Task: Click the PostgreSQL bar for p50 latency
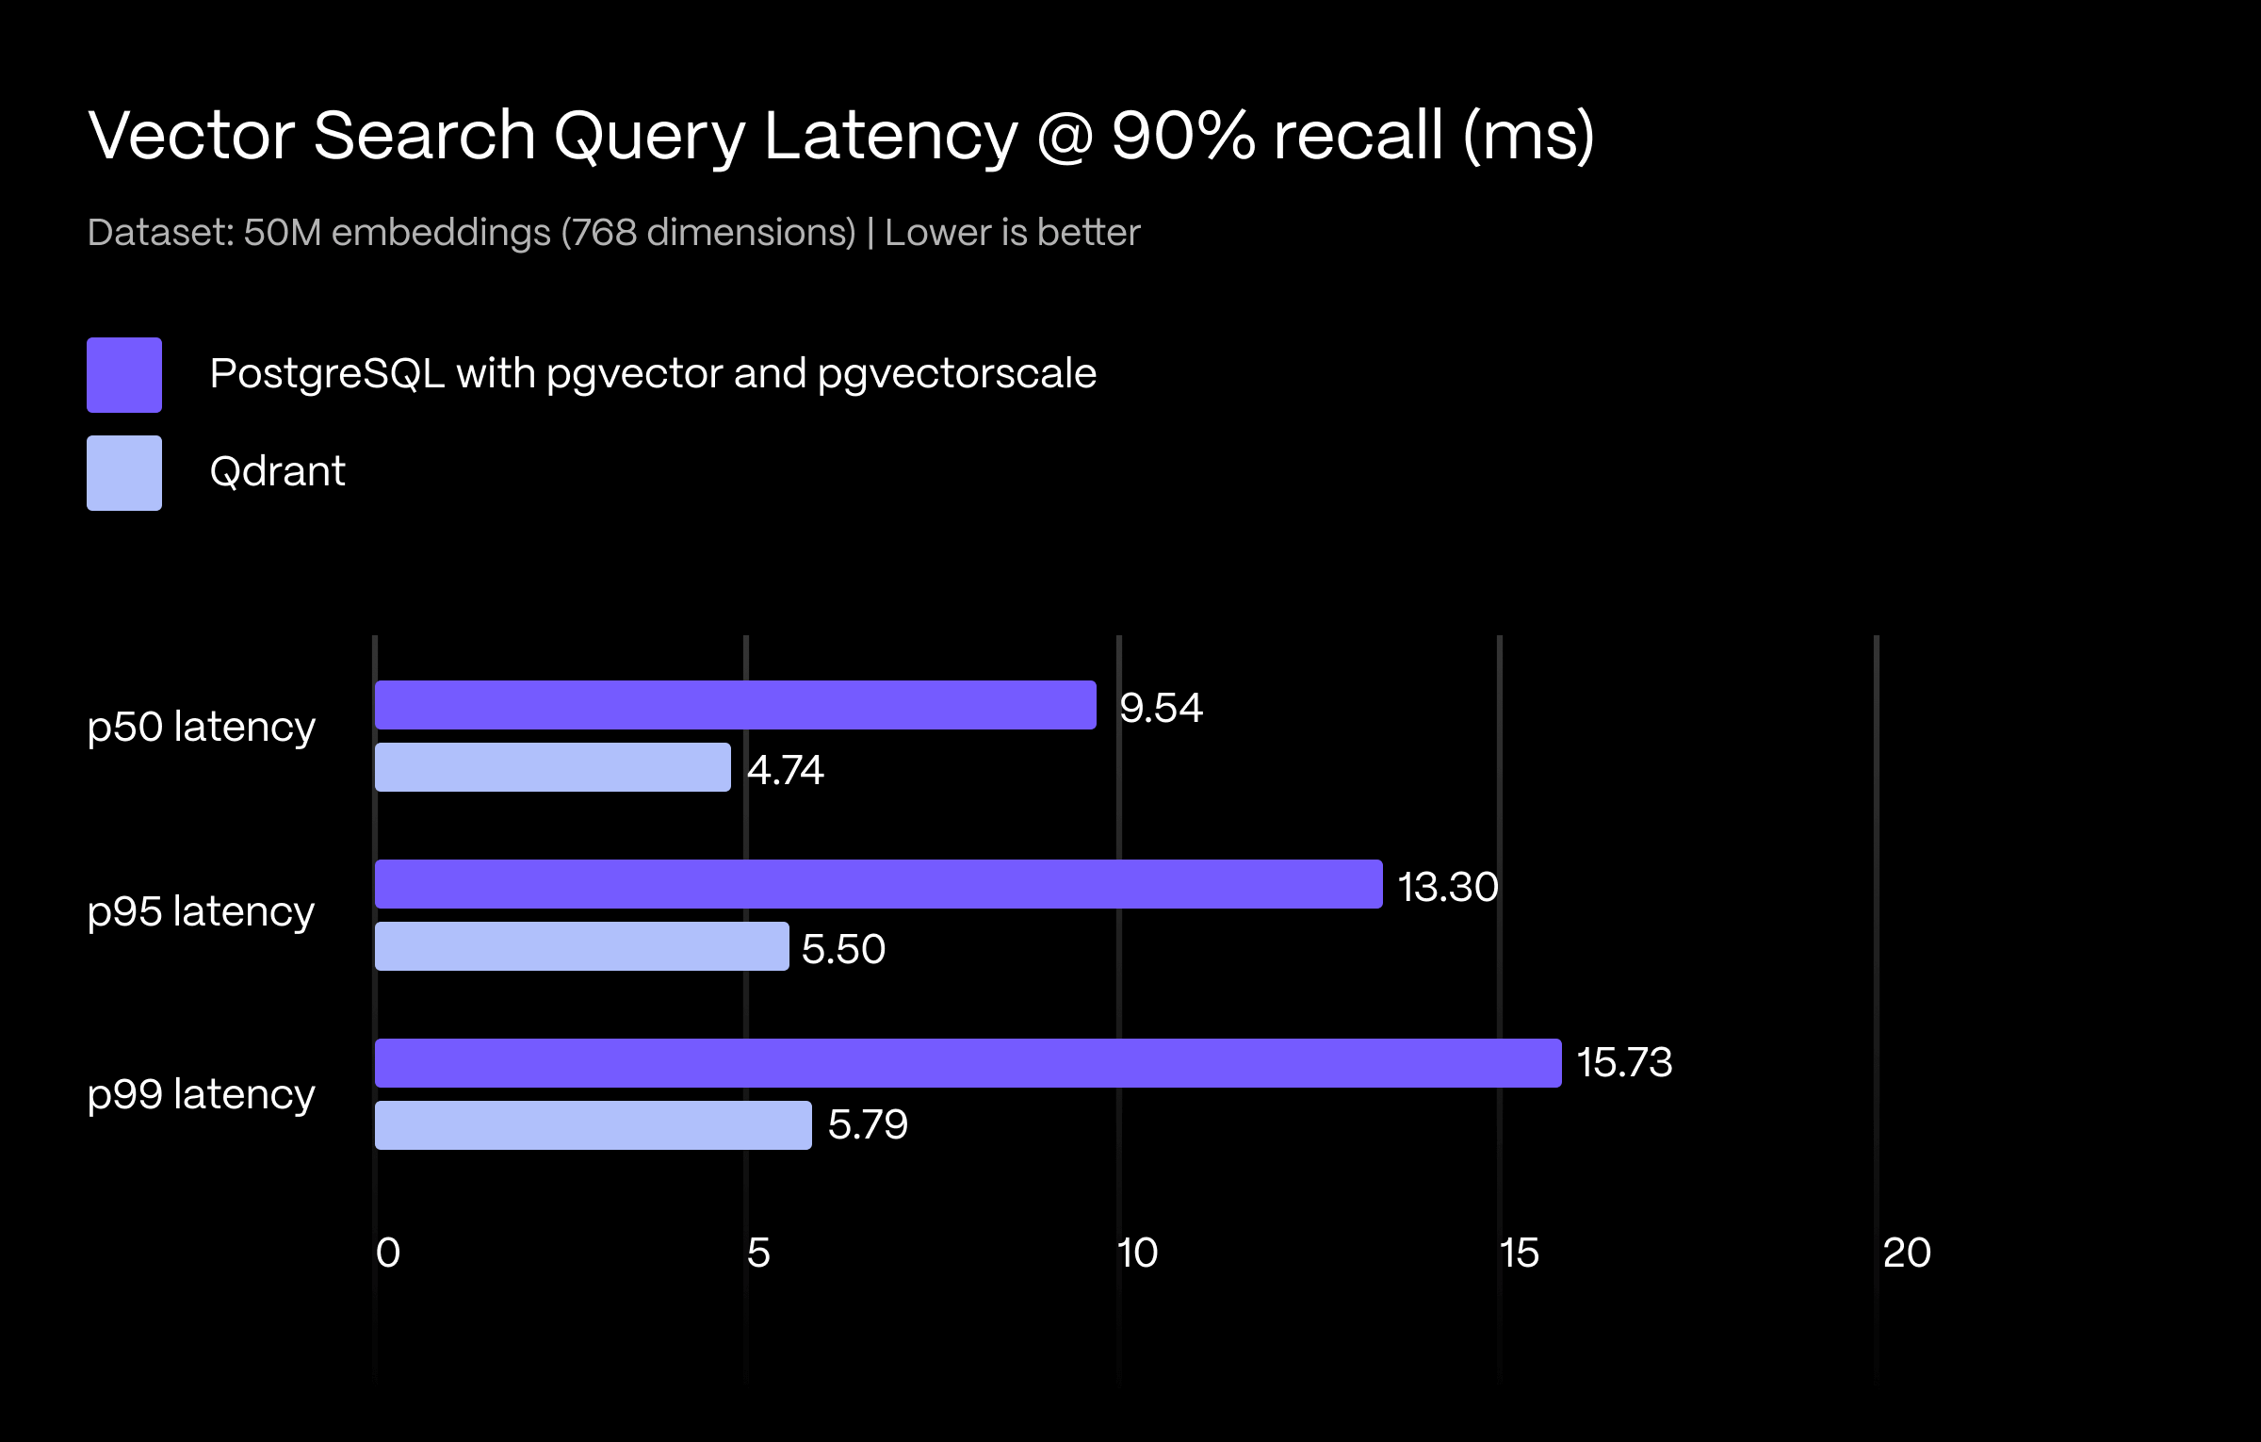735,705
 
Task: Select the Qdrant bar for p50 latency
552,767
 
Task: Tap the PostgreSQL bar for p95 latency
878,884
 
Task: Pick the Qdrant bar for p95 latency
581,946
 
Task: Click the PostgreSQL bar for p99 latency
968,1063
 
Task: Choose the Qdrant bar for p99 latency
593,1125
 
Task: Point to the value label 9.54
1161,708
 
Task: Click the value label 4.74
786,770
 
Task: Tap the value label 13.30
1448,887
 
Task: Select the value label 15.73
1624,1062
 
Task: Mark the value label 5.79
868,1124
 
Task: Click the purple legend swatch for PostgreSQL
124,375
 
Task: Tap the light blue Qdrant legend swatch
124,473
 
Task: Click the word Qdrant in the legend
277,471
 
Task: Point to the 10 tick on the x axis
1137,1253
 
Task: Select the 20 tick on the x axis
1907,1253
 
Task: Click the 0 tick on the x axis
388,1253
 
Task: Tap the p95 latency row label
201,912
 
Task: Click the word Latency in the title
890,136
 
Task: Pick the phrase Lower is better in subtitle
1012,232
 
